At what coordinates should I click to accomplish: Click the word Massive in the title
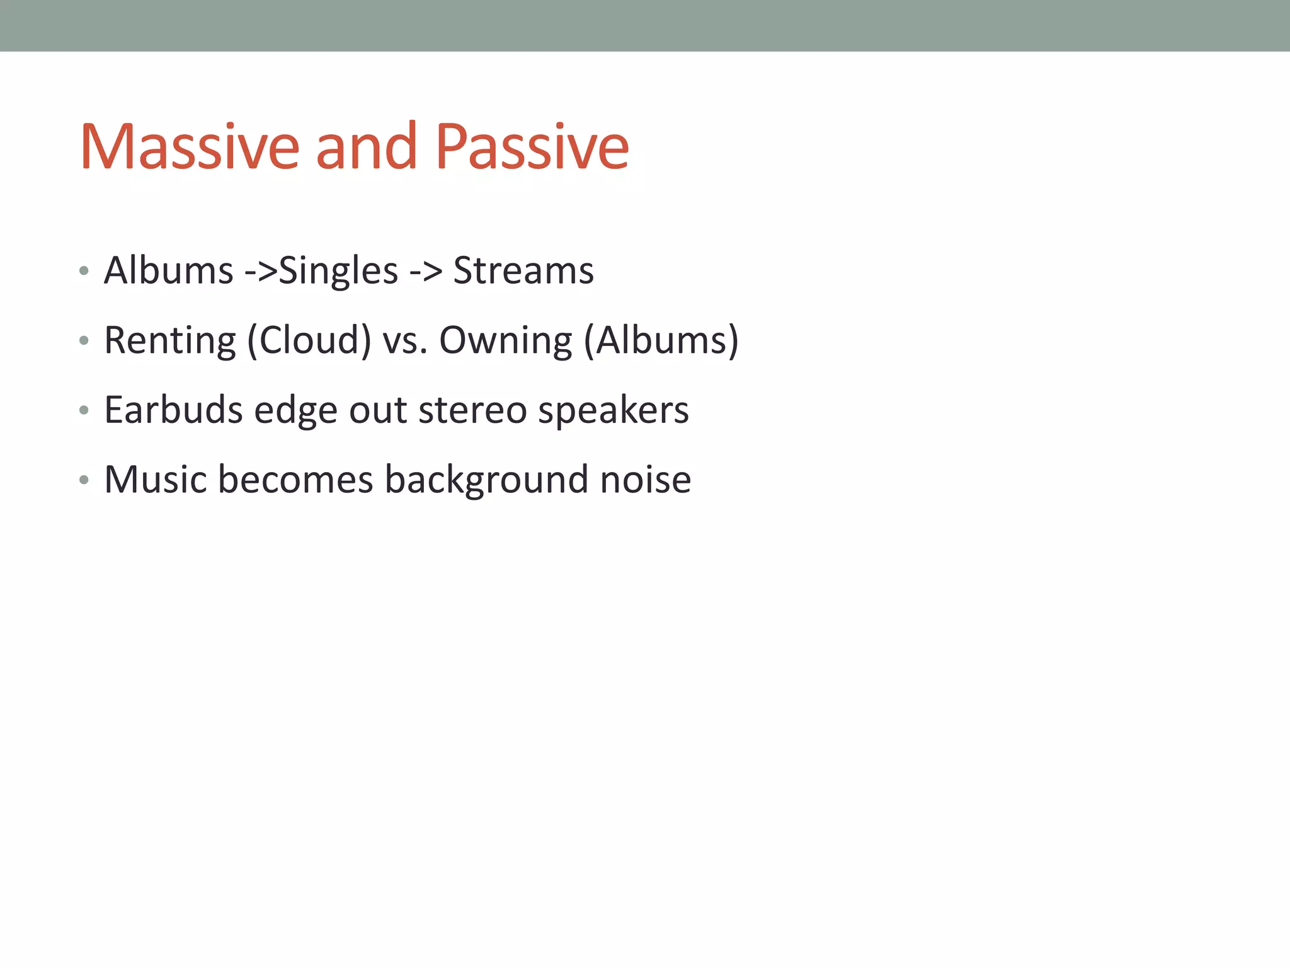(189, 147)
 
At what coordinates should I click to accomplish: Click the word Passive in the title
(532, 147)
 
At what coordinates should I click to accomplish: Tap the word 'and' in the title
(366, 147)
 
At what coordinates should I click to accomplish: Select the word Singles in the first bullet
(338, 272)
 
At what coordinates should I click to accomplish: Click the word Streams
(523, 271)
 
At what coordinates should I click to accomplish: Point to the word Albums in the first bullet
(169, 271)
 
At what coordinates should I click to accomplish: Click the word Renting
(170, 341)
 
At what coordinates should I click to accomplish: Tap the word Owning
(506, 341)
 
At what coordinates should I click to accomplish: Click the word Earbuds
(173, 410)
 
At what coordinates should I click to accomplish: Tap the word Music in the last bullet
(156, 480)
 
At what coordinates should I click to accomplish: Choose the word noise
(646, 480)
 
